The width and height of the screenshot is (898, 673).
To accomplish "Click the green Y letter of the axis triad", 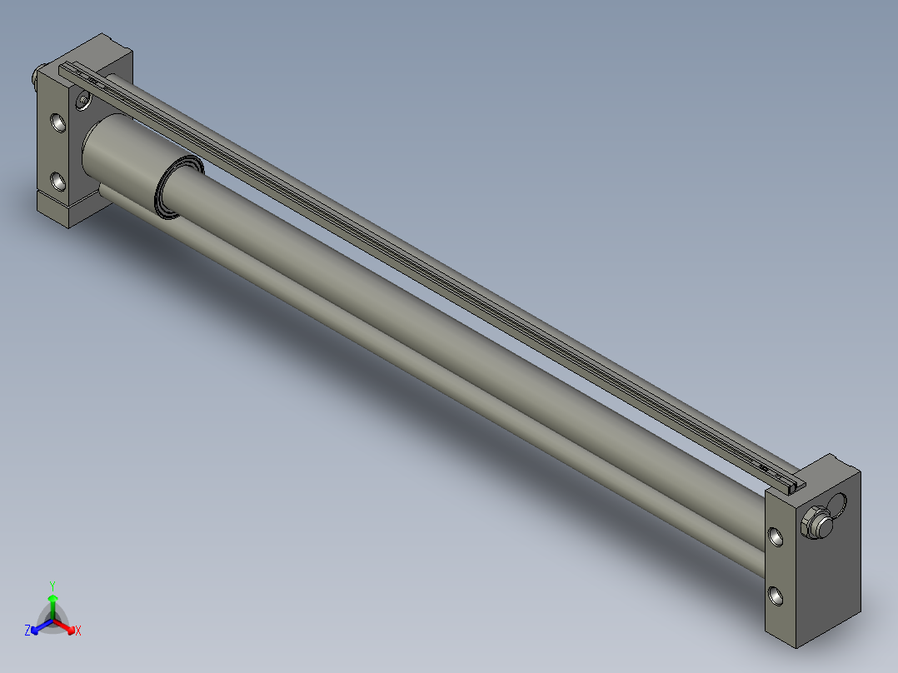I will click(x=52, y=585).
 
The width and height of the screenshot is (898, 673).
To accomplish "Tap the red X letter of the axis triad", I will click(x=78, y=631).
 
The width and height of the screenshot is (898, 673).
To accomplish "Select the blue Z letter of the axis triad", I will click(x=27, y=631).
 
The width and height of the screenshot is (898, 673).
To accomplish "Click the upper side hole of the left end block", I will click(x=58, y=123).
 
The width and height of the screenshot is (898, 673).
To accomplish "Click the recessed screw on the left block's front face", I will click(x=82, y=101).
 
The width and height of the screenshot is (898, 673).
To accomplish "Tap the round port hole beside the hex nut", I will click(x=836, y=506).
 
